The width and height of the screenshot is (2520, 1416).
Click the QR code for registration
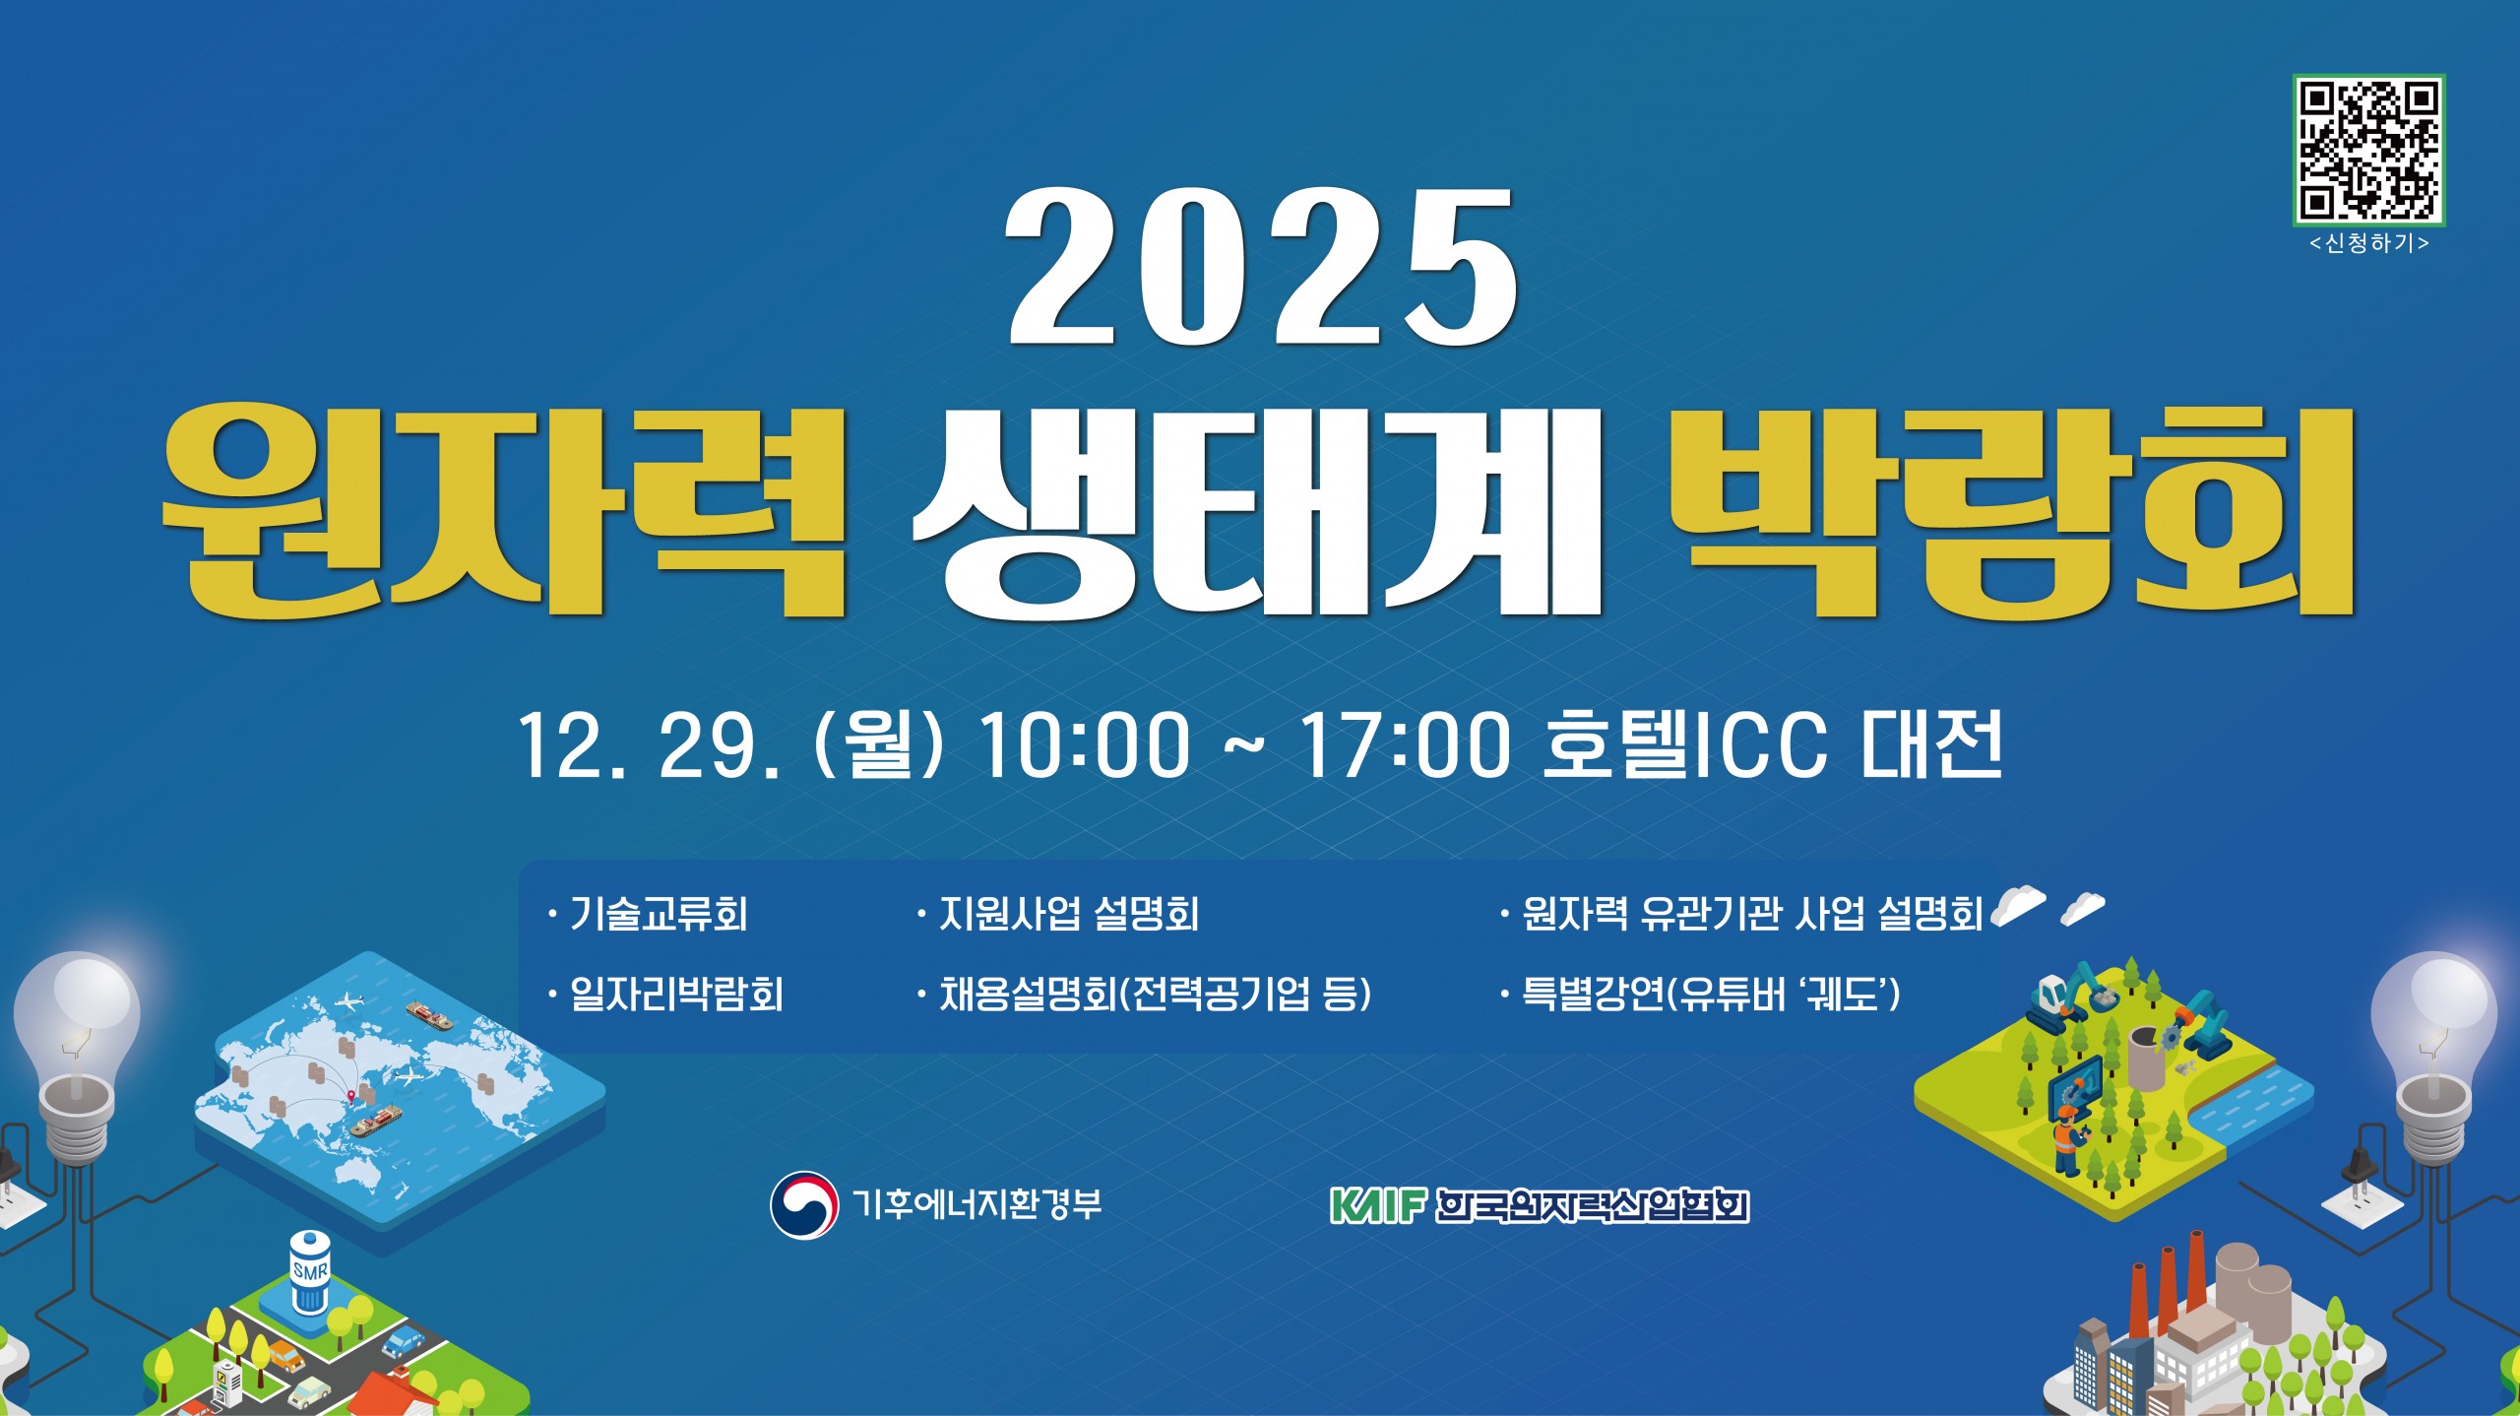pos(2368,150)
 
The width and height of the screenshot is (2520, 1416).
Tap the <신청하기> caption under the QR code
pos(2368,243)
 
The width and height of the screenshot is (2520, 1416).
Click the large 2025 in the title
pos(1260,268)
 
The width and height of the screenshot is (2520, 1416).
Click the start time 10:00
pos(1084,745)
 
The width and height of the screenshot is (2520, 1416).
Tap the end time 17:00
pos(1404,745)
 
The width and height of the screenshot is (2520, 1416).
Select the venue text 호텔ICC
pos(1684,745)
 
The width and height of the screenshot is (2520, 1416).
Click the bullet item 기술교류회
pos(659,914)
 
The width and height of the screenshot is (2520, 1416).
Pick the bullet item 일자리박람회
pos(676,994)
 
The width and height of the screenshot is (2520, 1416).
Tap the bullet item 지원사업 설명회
pos(1069,914)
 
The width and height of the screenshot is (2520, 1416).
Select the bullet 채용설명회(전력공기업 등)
pos(1155,994)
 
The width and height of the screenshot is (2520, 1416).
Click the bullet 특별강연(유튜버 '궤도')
pos(1711,994)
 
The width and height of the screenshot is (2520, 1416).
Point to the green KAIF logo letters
pos(1376,1205)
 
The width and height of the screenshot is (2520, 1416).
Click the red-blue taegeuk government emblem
pos(803,1204)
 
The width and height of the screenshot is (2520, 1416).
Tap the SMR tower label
pos(310,1271)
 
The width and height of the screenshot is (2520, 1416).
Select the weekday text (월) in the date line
pos(879,745)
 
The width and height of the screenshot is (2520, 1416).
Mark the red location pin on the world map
pos(351,1094)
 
